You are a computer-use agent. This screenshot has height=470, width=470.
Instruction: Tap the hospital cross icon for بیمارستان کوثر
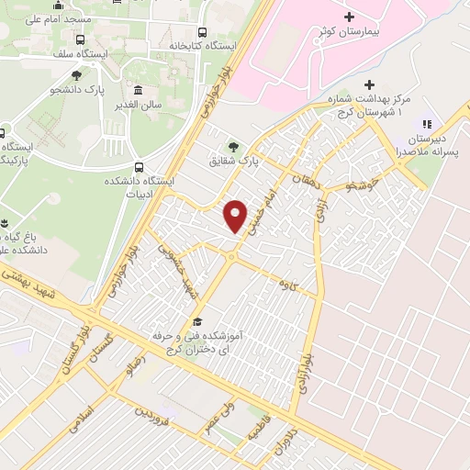pyautogui.click(x=348, y=17)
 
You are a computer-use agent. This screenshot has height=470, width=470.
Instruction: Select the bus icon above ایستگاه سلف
pyautogui.click(x=81, y=40)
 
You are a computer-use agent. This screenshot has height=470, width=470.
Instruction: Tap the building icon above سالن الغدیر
pyautogui.click(x=139, y=91)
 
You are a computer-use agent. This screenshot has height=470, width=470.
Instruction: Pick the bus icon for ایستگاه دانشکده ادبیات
pyautogui.click(x=139, y=167)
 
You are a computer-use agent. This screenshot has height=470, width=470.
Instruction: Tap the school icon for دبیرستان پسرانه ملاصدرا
pyautogui.click(x=426, y=123)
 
